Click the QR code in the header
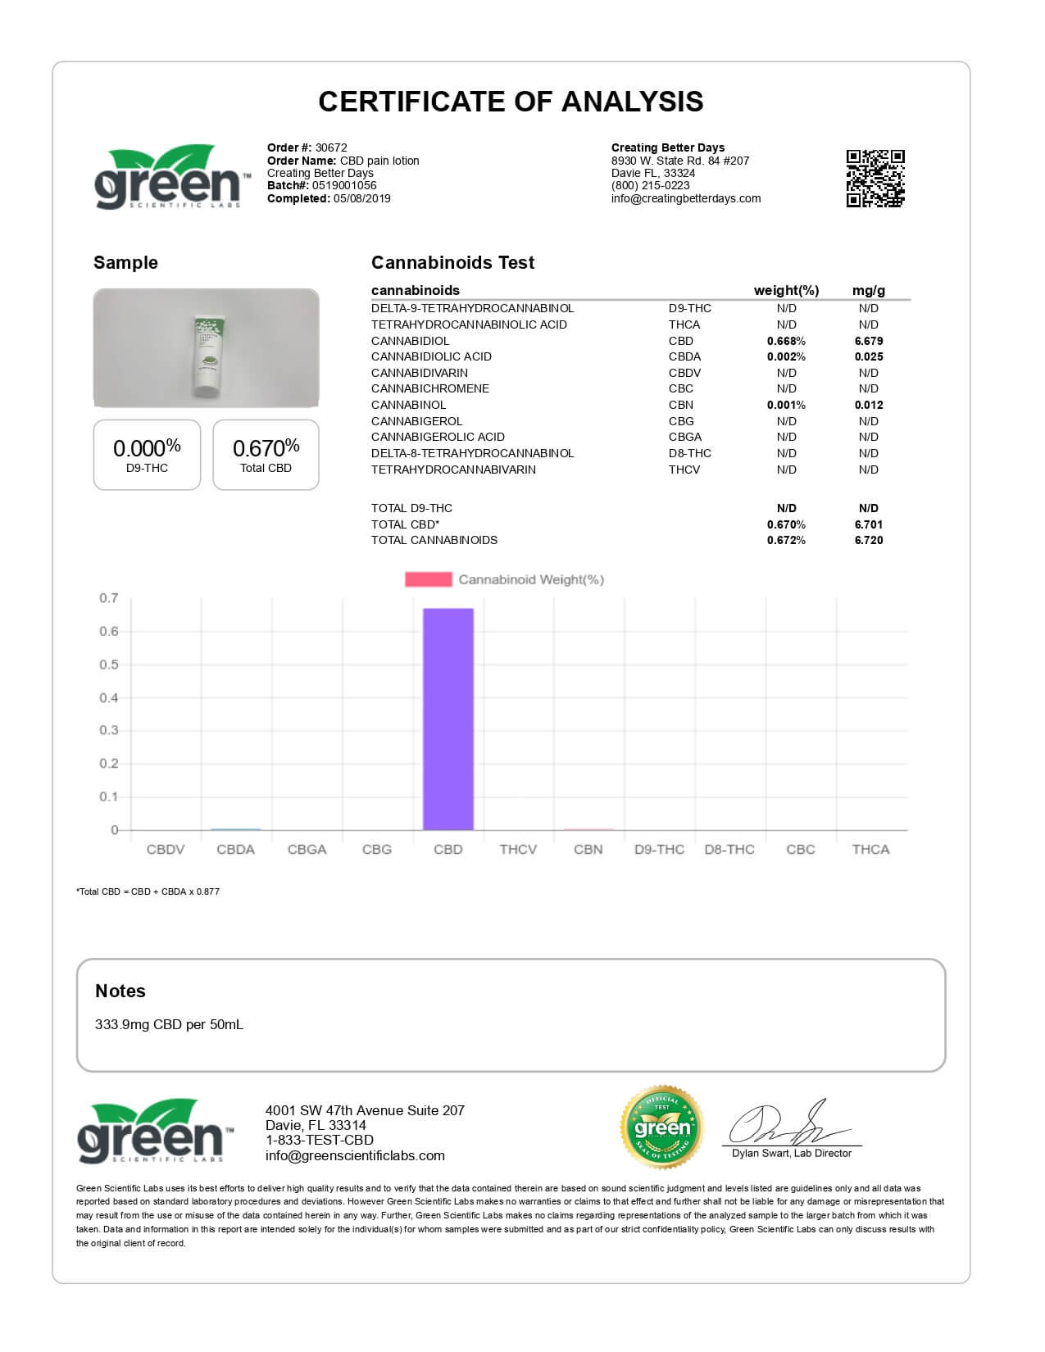[875, 178]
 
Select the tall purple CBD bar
[448, 719]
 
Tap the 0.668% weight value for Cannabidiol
[786, 341]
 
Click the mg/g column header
[868, 290]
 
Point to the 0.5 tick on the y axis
[109, 665]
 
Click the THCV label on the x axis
[518, 850]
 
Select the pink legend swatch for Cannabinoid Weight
[428, 579]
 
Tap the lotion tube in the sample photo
[206, 356]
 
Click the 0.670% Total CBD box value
[266, 448]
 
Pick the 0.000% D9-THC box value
[147, 448]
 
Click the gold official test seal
[662, 1127]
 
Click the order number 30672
[331, 148]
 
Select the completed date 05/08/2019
[361, 198]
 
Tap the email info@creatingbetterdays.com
[685, 198]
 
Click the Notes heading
[120, 991]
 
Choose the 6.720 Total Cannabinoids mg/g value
[868, 540]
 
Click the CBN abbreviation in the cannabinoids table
[680, 405]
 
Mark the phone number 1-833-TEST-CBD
[319, 1140]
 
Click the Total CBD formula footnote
[148, 892]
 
